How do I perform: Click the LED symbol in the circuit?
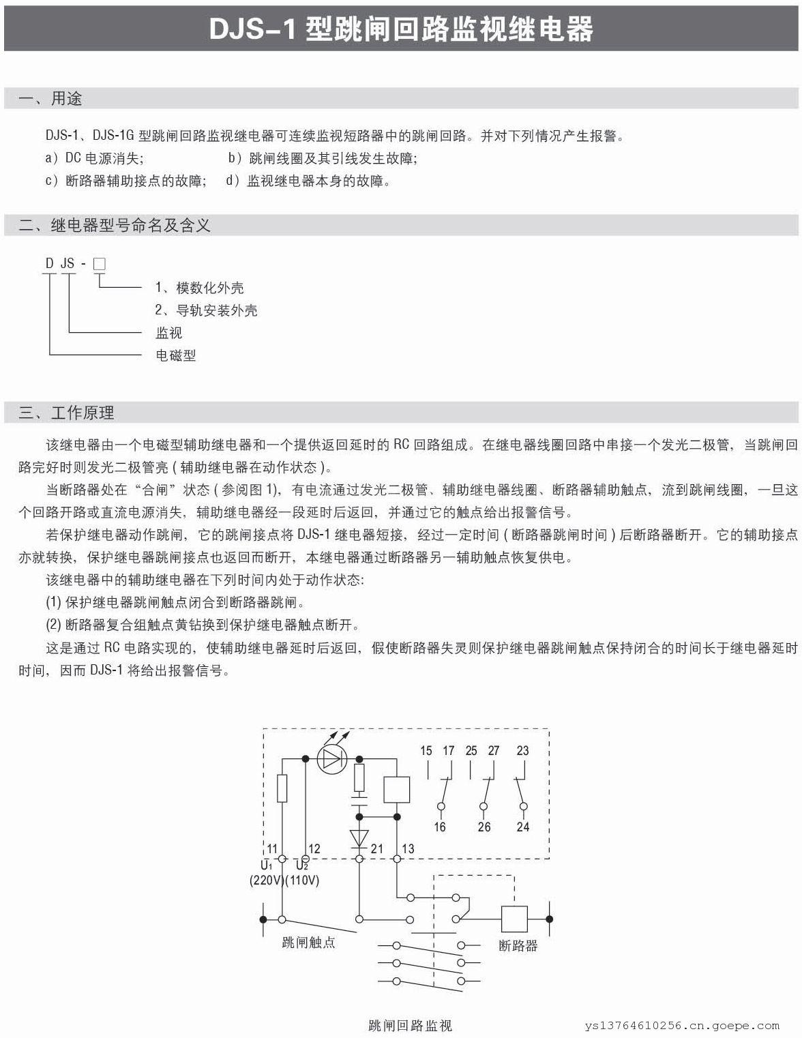point(332,759)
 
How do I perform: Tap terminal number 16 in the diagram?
point(440,827)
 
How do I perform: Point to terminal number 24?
point(523,827)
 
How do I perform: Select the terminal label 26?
point(484,827)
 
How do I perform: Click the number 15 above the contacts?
point(426,750)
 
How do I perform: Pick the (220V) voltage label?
point(266,880)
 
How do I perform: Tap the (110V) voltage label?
point(302,880)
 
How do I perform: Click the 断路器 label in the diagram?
point(518,946)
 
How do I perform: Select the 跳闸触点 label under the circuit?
point(308,943)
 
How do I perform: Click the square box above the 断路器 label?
point(515,919)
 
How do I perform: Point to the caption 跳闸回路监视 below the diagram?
point(410,1025)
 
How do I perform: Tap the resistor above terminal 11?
point(282,788)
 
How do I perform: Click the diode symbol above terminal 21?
point(359,837)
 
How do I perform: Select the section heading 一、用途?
point(50,99)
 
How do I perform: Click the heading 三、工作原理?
point(66,413)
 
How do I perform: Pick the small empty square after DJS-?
point(99,263)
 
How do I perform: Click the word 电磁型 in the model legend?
point(176,355)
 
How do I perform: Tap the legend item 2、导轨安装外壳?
point(206,310)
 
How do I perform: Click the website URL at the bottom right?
point(681,1025)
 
